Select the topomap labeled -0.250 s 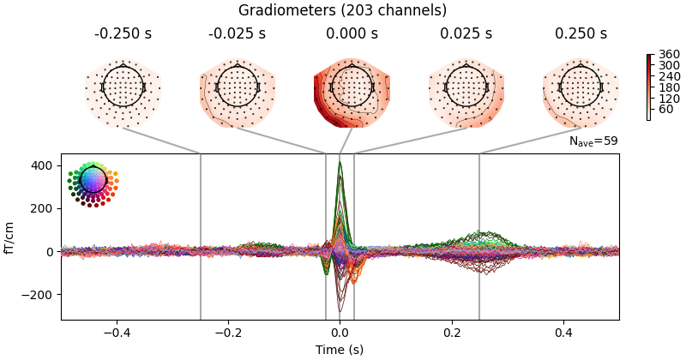pos(123,87)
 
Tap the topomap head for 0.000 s pos(352,87)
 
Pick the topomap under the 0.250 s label pos(580,87)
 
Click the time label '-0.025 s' pos(237,34)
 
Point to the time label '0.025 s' pos(466,34)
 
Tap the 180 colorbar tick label pos(663,87)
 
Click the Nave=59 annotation pos(593,141)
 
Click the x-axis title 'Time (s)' pos(340,350)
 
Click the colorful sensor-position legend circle pos(92,180)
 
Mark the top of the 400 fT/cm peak pos(340,163)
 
